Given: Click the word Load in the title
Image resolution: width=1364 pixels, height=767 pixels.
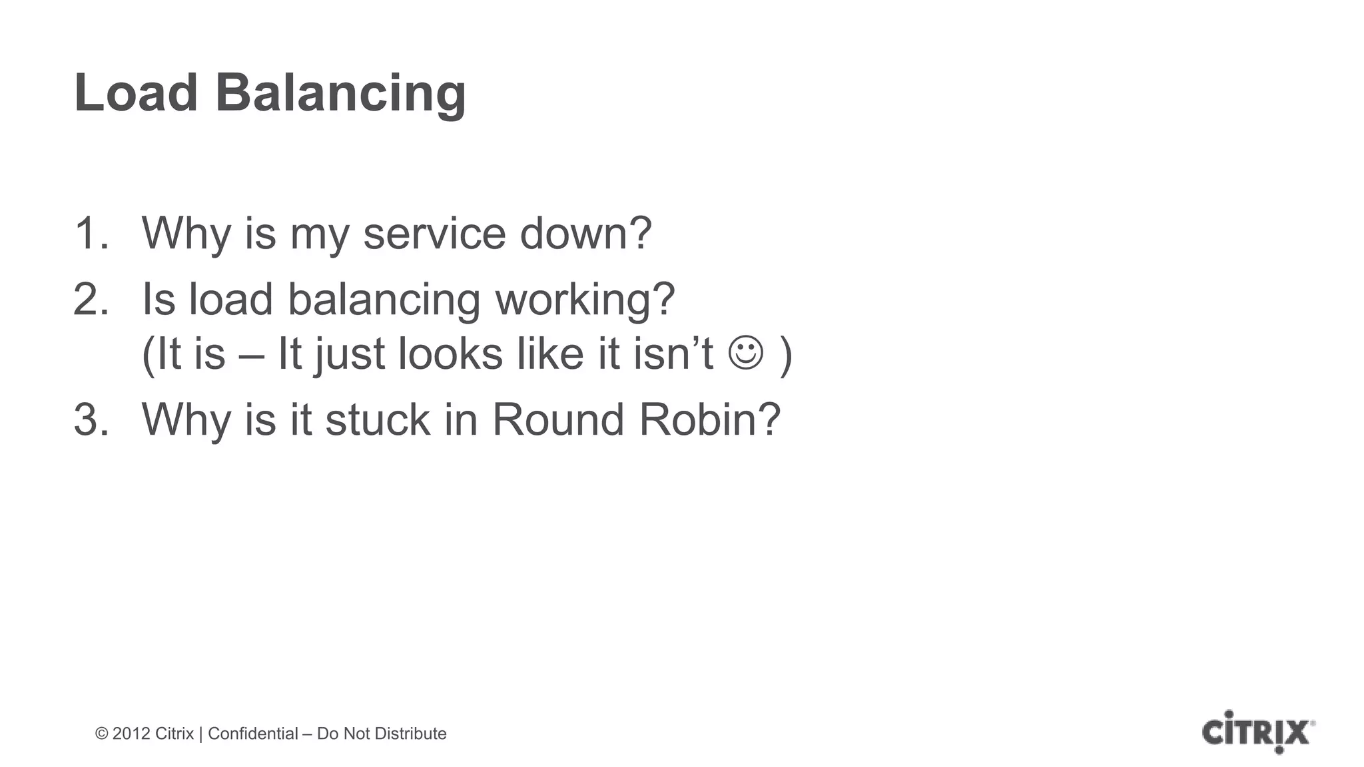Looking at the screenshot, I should [136, 93].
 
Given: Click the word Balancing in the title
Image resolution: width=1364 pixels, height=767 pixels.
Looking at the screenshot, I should [340, 95].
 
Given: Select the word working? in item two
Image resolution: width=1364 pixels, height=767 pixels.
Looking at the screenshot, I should [585, 301].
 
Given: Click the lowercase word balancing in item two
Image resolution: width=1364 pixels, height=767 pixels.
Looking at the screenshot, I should [384, 301].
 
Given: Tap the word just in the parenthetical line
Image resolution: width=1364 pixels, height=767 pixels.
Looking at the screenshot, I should [349, 355].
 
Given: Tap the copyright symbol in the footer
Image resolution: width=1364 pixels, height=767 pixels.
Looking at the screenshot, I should [102, 734].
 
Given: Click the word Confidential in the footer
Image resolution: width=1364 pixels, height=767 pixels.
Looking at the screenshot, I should [253, 734].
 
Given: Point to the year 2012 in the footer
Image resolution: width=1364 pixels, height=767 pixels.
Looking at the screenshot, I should [131, 734].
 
